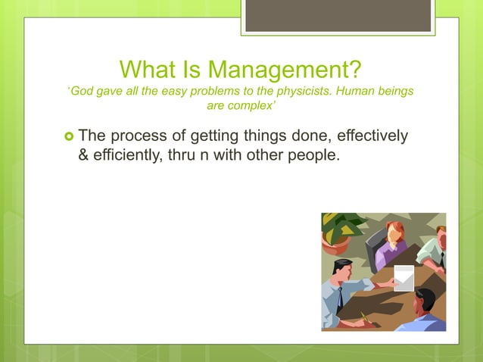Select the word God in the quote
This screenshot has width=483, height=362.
point(81,92)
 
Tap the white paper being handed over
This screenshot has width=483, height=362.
point(404,278)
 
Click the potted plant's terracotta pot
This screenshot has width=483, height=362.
point(335,245)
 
